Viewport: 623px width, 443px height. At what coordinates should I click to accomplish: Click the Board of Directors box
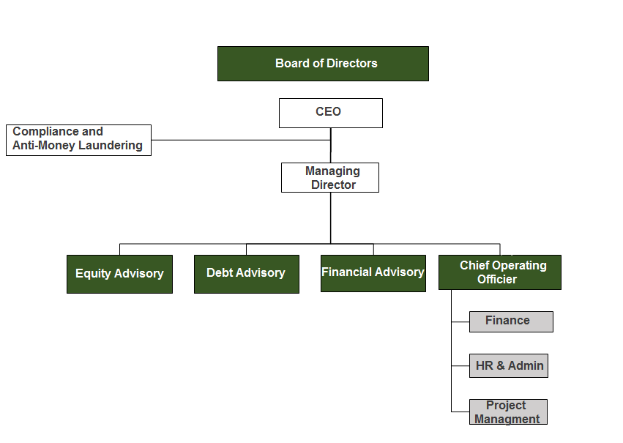click(323, 64)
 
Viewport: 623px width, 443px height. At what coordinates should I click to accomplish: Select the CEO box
click(331, 113)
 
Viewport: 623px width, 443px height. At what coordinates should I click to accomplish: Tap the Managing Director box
click(329, 178)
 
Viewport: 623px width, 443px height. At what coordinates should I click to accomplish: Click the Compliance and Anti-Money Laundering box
click(78, 141)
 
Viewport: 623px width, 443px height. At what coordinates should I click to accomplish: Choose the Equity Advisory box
click(119, 274)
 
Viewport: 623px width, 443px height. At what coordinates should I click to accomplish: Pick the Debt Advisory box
click(246, 274)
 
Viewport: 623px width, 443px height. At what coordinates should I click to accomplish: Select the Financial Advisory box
click(373, 273)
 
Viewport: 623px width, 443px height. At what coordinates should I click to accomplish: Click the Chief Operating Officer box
click(500, 272)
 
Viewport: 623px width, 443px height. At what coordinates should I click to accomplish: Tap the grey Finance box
click(511, 322)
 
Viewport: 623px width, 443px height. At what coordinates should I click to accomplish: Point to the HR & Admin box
click(509, 365)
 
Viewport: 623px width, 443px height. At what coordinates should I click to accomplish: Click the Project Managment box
click(508, 412)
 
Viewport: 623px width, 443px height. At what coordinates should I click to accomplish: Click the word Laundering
click(111, 146)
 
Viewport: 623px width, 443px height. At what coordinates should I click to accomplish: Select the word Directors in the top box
click(351, 63)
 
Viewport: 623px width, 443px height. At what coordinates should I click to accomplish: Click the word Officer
click(497, 279)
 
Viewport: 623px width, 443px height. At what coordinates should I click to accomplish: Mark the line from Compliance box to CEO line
click(241, 140)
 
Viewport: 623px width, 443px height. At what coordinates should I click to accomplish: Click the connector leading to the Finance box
click(460, 322)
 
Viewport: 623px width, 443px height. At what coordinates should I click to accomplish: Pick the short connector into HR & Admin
click(460, 366)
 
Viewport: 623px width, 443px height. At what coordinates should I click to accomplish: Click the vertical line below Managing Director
click(331, 218)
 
